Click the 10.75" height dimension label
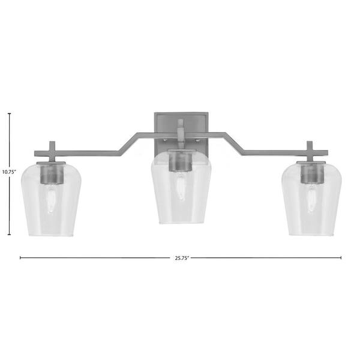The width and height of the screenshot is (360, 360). click(x=9, y=172)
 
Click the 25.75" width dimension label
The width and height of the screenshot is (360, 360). click(x=182, y=258)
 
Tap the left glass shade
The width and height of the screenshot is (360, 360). click(x=51, y=199)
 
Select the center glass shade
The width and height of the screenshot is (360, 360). click(x=181, y=187)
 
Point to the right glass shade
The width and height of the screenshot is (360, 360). click(x=311, y=199)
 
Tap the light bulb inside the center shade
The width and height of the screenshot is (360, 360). click(x=181, y=187)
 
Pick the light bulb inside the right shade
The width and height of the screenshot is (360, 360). click(x=312, y=199)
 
